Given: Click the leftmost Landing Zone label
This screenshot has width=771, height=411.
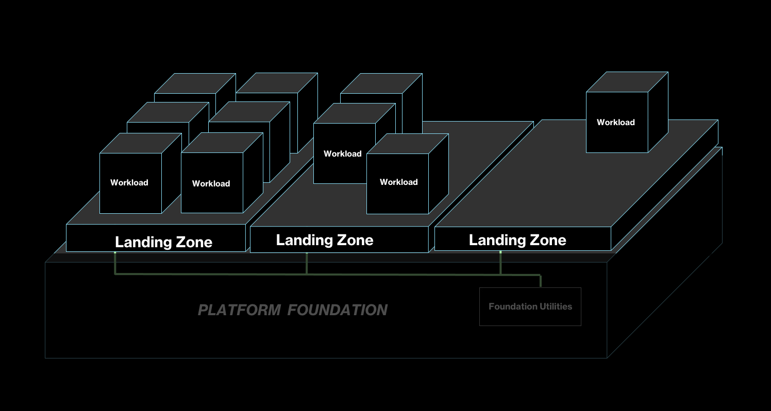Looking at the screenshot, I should click(x=163, y=242).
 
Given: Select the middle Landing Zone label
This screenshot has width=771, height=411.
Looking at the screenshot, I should click(x=324, y=240).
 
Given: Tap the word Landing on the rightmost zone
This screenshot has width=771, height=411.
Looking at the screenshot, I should click(x=492, y=240).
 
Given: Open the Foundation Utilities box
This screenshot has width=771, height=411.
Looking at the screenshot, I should click(x=530, y=306).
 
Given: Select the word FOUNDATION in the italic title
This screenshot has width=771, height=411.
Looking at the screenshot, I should click(x=338, y=310).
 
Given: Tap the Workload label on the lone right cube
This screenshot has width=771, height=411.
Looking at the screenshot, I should click(x=615, y=122).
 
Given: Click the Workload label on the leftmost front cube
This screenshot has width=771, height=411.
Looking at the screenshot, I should click(x=129, y=182).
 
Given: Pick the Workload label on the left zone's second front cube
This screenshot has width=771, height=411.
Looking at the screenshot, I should click(x=211, y=183).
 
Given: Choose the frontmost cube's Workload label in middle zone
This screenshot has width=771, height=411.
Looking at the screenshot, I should click(x=398, y=182).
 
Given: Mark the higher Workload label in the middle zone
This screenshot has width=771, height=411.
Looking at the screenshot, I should click(x=342, y=153).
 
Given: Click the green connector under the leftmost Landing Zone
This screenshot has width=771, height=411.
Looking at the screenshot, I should click(x=114, y=263).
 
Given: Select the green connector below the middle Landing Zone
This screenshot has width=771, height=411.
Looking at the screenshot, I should click(x=307, y=263).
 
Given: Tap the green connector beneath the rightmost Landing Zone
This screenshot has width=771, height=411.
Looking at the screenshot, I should click(x=500, y=263).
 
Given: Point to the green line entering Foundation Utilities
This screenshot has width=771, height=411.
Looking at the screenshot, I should click(x=540, y=281).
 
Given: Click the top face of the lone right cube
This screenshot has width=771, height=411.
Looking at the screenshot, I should click(x=627, y=82).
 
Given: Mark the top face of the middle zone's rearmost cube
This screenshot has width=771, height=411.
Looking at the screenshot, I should click(x=381, y=83).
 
